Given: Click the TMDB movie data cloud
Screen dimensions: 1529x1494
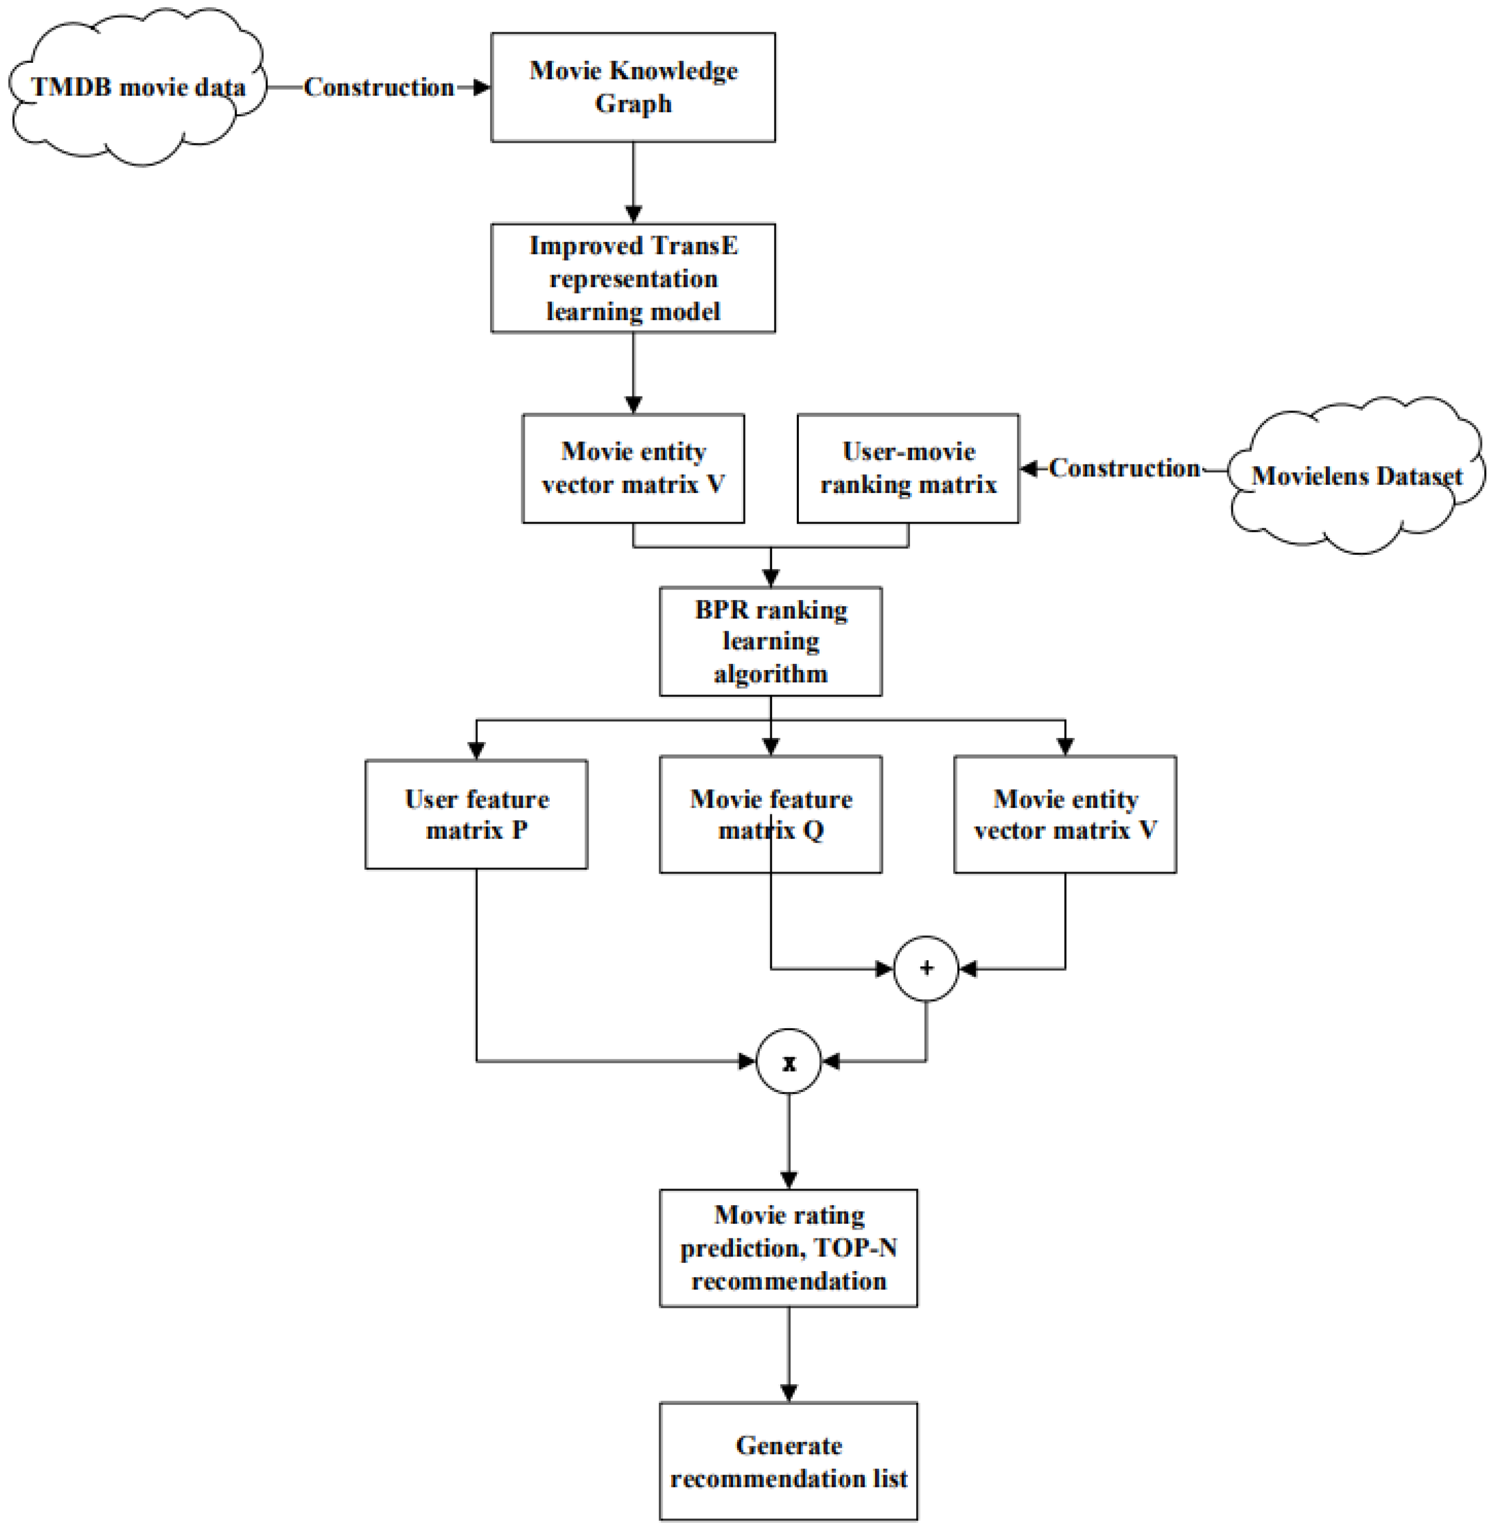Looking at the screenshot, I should pos(138,87).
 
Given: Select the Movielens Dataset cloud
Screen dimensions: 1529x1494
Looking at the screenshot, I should pos(1356,475).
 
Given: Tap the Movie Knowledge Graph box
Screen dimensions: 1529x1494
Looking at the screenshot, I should pos(633,87).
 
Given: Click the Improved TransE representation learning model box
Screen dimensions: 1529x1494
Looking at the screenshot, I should pos(633,279).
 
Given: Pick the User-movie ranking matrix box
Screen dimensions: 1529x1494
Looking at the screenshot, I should pos(908,468).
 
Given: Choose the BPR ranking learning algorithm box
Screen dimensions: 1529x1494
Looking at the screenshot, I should pos(770,641).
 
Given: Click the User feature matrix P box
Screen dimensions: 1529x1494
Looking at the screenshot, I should pos(477,814).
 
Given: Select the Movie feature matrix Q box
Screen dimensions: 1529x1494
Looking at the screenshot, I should pos(770,814).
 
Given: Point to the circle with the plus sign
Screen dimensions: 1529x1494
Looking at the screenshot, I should pos(926,968).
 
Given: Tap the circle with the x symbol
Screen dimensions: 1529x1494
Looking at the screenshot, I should pos(789,1061).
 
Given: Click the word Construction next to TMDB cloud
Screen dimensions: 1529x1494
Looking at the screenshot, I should pos(379,87).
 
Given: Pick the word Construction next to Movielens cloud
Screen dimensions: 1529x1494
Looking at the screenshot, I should pos(1124,468).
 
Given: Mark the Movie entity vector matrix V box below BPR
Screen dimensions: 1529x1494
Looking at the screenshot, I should pos(1065,814).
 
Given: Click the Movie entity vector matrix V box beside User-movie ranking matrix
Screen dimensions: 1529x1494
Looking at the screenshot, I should pos(633,468).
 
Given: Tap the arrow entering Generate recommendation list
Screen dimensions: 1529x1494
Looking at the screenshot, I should pos(789,1361).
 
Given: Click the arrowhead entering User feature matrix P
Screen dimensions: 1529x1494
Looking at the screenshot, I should pos(477,750).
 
